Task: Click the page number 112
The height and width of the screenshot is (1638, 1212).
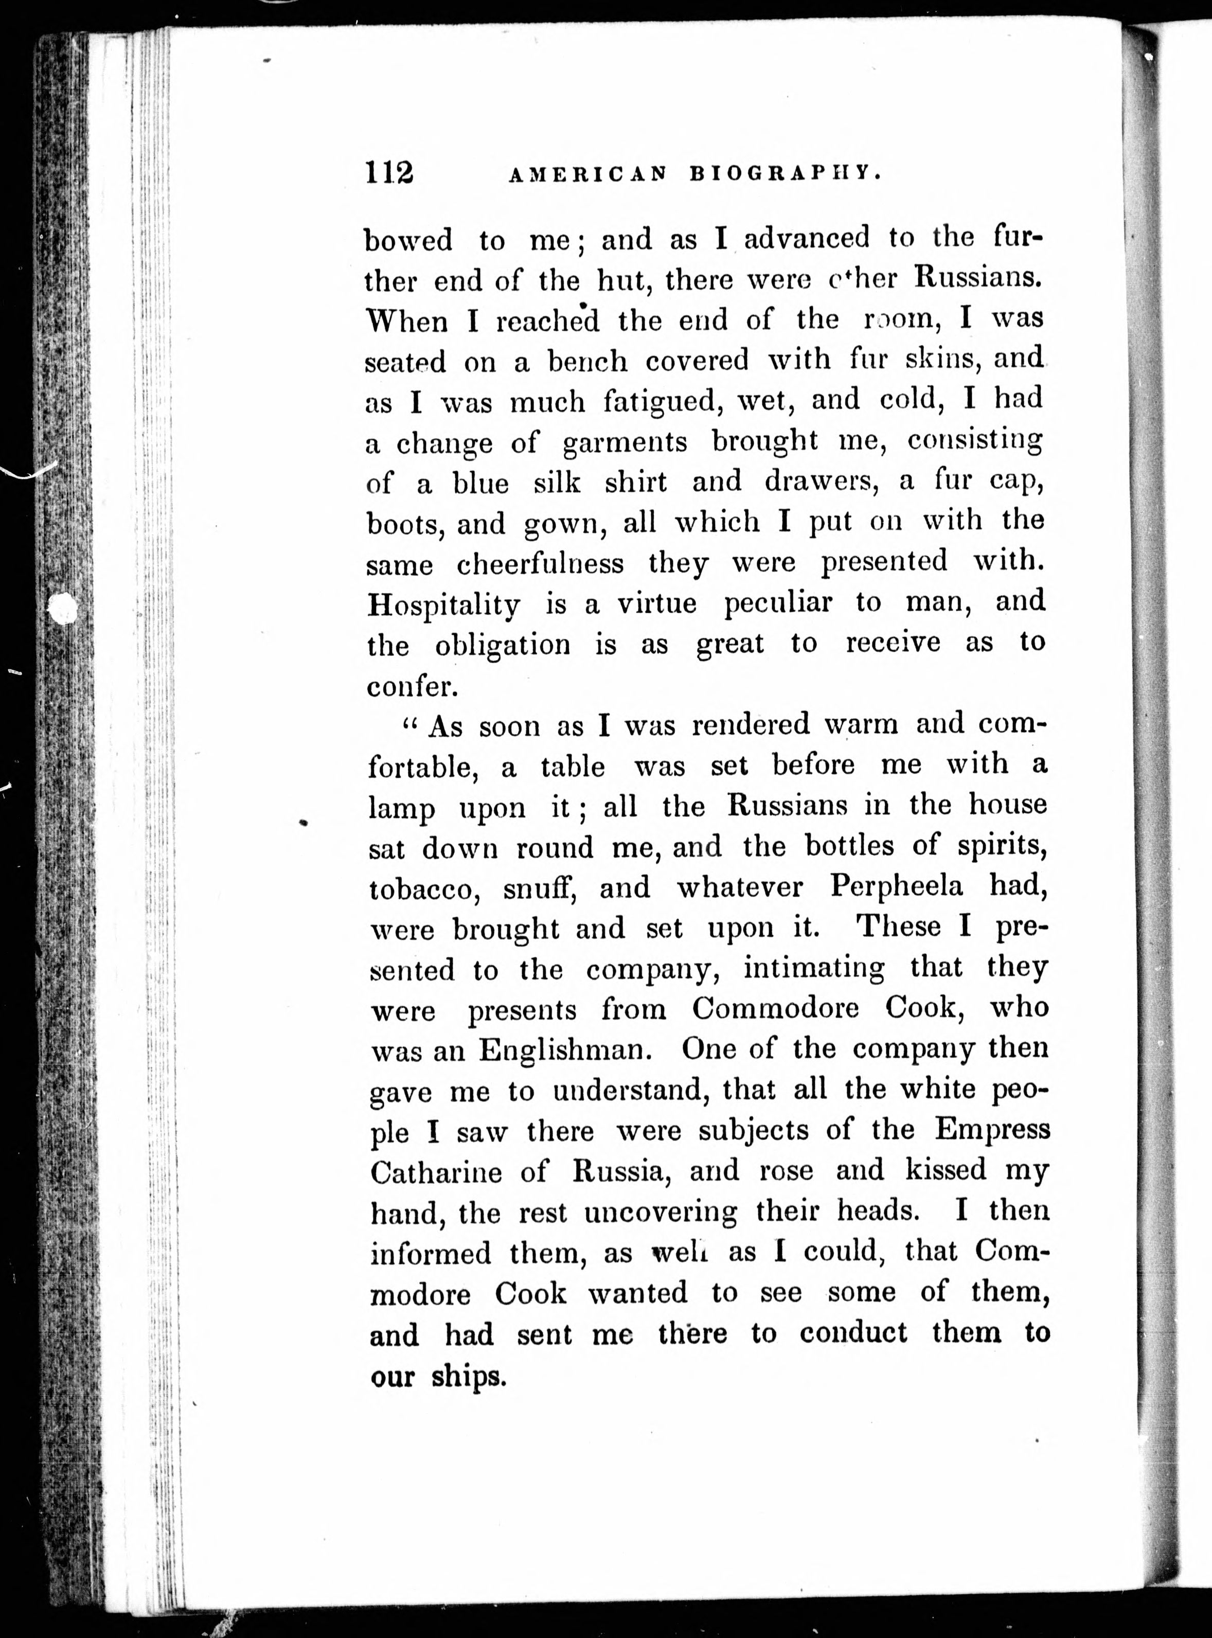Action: pyautogui.click(x=389, y=173)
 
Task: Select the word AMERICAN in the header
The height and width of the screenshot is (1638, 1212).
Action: pyautogui.click(x=587, y=174)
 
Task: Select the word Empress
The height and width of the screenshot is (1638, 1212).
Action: pyautogui.click(x=992, y=1130)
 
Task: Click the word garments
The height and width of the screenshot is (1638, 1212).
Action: pyautogui.click(x=625, y=442)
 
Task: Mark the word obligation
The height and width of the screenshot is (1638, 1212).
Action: pyautogui.click(x=503, y=646)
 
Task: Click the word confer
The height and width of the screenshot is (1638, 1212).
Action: pyautogui.click(x=412, y=686)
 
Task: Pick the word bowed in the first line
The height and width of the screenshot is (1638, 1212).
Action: pyautogui.click(x=408, y=241)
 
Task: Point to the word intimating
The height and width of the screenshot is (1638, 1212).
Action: pyautogui.click(x=814, y=968)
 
